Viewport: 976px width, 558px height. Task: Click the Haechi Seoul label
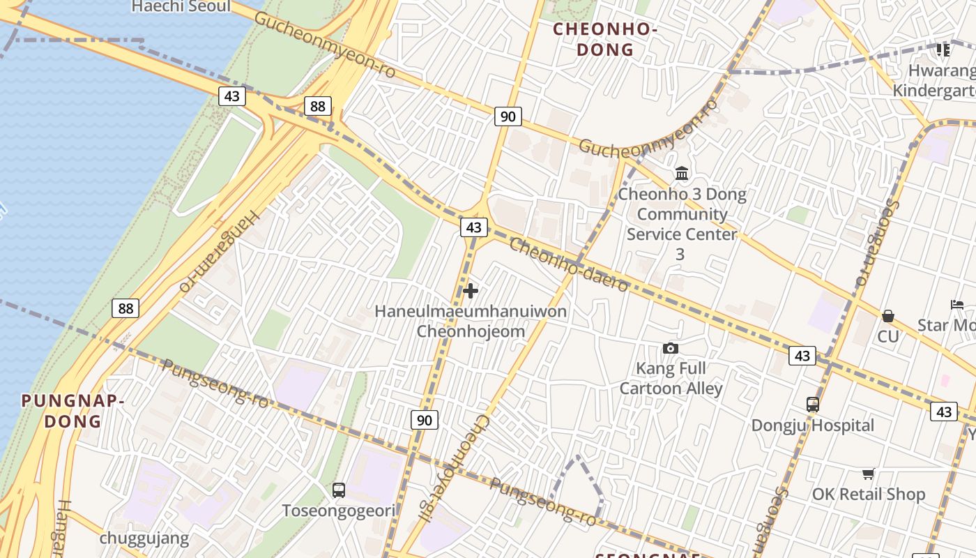[181, 7]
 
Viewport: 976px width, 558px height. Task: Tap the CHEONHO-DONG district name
[605, 39]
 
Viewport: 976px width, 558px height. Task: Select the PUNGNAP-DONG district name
[73, 411]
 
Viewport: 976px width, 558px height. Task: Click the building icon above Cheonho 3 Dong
[682, 172]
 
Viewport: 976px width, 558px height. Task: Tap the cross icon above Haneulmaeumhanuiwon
[471, 291]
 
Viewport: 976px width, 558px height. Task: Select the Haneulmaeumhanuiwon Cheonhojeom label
[471, 321]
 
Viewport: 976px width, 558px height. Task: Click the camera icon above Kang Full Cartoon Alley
[671, 348]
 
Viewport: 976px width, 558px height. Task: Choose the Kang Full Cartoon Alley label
[671, 378]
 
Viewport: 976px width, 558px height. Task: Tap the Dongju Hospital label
[812, 425]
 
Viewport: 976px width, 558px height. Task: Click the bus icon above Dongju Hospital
[812, 404]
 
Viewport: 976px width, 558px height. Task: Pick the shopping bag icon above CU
[888, 316]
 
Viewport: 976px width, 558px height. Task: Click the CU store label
[888, 337]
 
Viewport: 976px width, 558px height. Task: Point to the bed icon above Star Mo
[957, 305]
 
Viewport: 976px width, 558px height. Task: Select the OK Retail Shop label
[869, 495]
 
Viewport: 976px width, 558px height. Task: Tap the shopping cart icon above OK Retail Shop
[869, 474]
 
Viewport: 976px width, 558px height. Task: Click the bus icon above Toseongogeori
[339, 490]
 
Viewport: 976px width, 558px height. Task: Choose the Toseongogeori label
[339, 511]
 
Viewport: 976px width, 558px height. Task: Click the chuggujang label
[144, 538]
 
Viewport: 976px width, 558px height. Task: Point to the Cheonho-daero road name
[569, 265]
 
